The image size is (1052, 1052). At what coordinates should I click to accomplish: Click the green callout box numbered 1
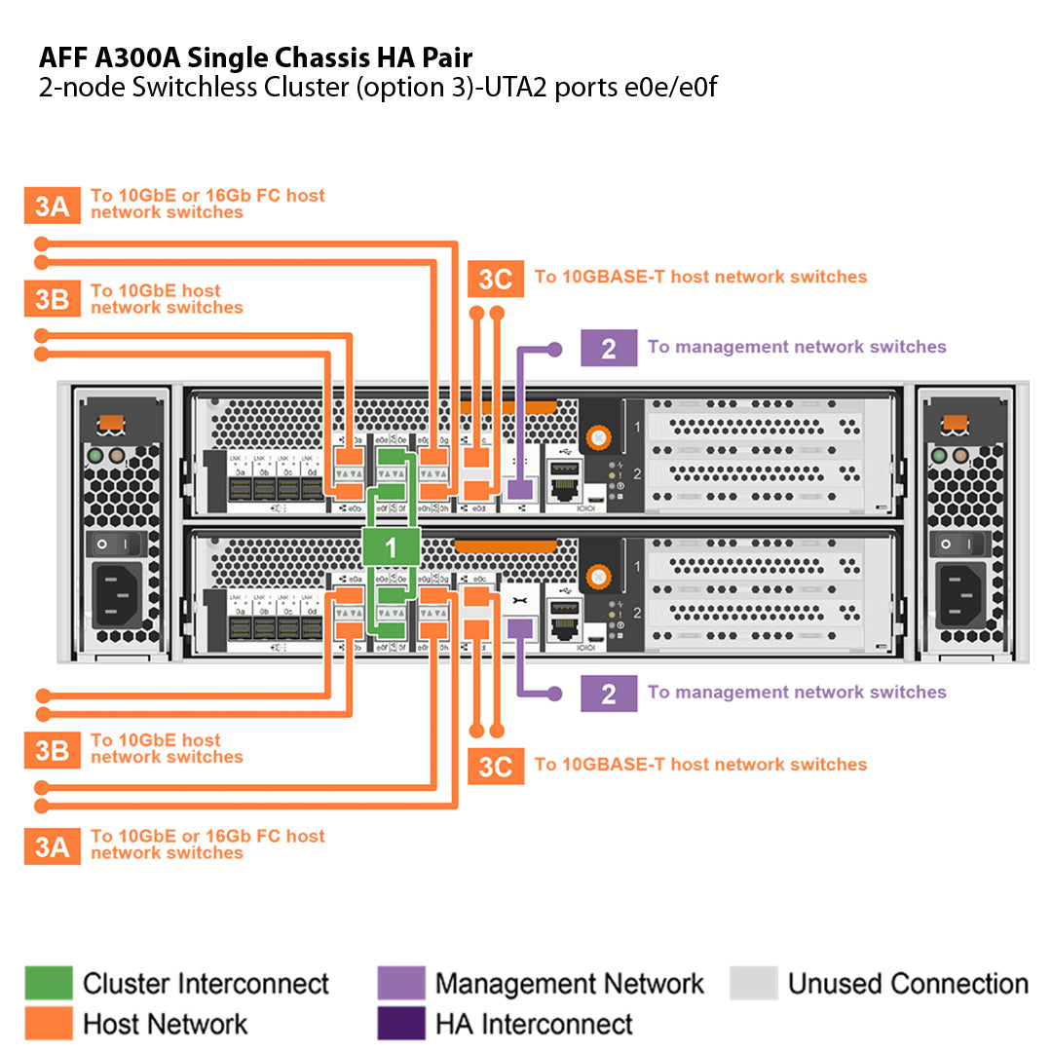coord(391,547)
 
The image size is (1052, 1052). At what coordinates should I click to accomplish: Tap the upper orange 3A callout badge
coord(52,206)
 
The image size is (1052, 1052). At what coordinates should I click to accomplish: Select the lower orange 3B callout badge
coord(52,750)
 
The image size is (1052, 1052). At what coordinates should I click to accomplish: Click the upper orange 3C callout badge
coord(495,280)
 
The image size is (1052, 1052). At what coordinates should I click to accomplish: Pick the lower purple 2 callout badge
coord(609,694)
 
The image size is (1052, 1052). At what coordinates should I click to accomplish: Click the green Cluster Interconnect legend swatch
coord(48,983)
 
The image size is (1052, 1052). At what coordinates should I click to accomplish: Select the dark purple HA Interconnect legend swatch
coord(400,1024)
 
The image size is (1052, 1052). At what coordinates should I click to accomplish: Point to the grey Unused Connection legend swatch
coord(753,983)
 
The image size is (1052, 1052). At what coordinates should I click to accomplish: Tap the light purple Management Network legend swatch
coord(400,983)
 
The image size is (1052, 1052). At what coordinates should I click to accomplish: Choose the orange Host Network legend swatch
coord(48,1024)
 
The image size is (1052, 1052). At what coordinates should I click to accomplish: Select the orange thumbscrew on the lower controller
coord(599,579)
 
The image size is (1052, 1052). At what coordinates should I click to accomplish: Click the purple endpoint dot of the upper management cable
coord(555,347)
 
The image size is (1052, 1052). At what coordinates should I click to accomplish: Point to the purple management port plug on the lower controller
coord(520,629)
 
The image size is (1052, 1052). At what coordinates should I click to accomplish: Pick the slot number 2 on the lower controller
coord(636,613)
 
